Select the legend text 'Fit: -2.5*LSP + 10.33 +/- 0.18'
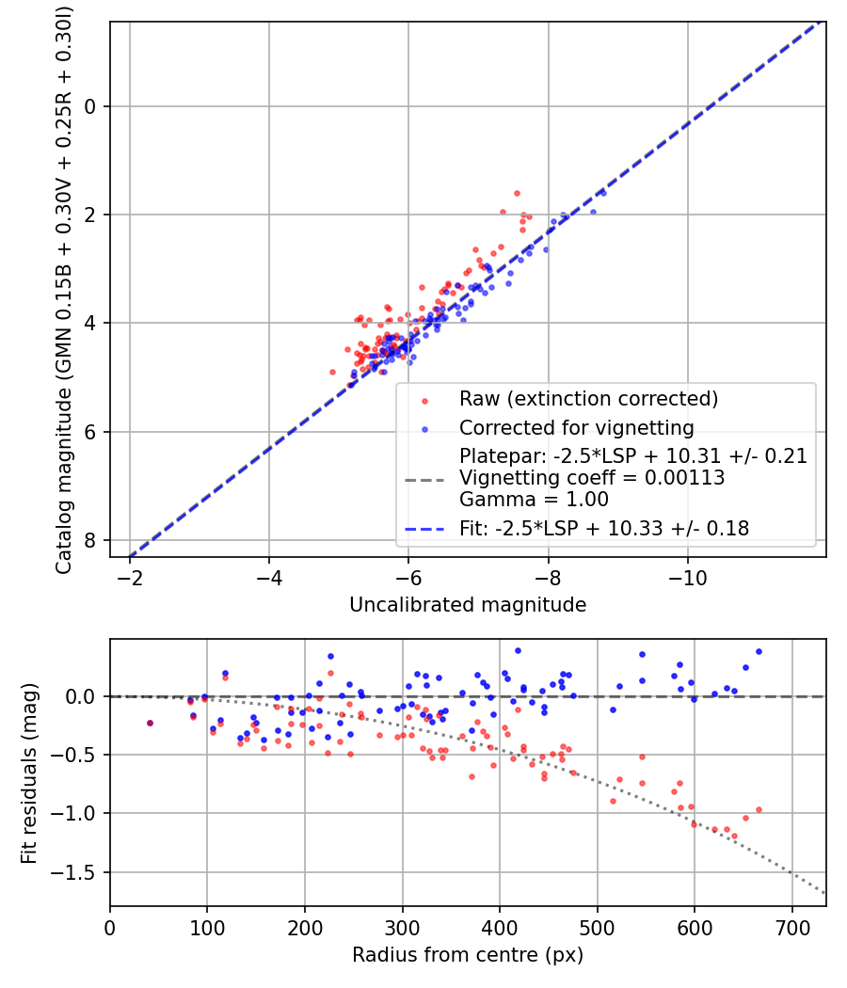pyautogui.click(x=604, y=529)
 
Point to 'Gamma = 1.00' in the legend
pyautogui.click(x=534, y=500)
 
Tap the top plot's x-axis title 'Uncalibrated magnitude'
pyautogui.click(x=468, y=605)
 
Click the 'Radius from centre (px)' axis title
pyautogui.click(x=468, y=955)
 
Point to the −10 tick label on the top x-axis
pyautogui.click(x=687, y=575)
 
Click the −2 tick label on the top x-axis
pyautogui.click(x=130, y=575)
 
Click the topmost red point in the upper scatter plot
pyautogui.click(x=517, y=193)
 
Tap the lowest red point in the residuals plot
pyautogui.click(x=734, y=836)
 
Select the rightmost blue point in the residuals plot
pyautogui.click(x=759, y=651)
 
